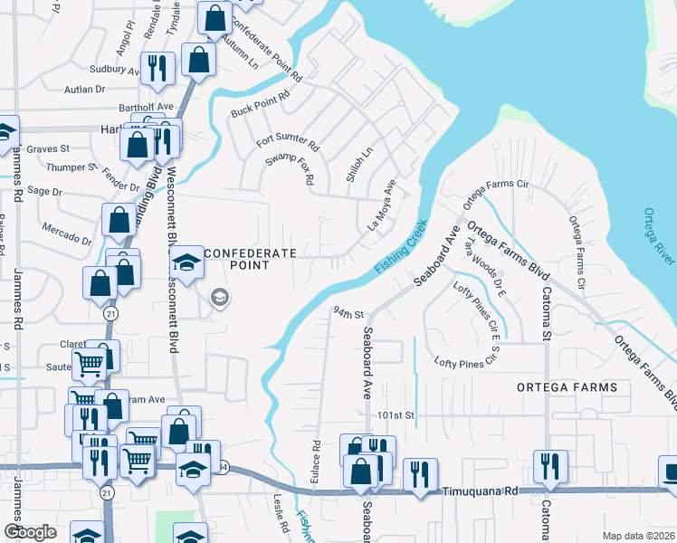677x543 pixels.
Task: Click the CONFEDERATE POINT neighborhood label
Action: point(249,259)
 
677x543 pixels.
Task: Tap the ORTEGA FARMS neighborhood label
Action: point(567,386)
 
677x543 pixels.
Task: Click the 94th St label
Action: point(348,313)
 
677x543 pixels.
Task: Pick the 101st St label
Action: point(396,414)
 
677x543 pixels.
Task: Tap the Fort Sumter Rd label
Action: point(288,142)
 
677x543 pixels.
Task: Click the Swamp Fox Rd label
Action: point(288,168)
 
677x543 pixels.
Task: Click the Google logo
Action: point(31,532)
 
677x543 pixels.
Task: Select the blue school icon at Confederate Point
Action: point(187,265)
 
